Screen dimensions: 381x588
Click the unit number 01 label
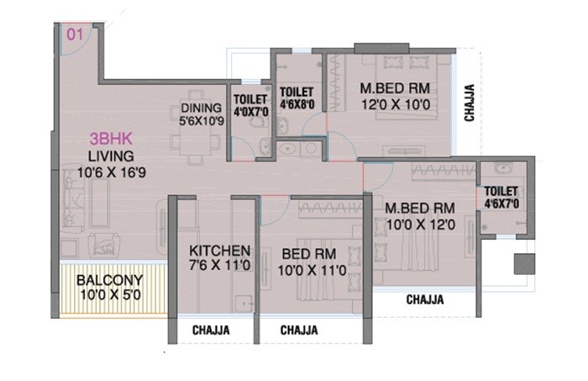[x=75, y=34]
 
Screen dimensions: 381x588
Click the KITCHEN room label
[x=218, y=251]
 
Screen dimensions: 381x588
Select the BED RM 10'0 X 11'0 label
[x=309, y=262]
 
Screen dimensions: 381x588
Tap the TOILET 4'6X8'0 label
[x=297, y=98]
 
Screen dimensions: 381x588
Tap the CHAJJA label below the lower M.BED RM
[x=424, y=299]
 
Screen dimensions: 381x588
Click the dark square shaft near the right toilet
[x=524, y=262]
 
